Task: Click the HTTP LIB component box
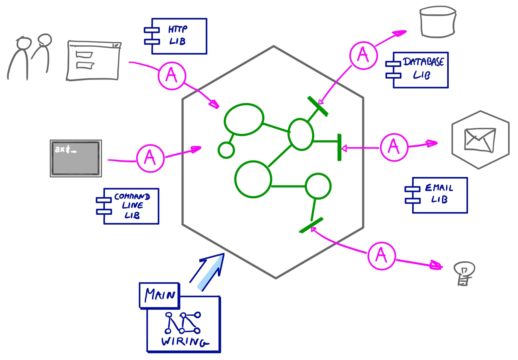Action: [179, 36]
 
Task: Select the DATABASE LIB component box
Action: [420, 70]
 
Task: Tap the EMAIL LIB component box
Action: [439, 195]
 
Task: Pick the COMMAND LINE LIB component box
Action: [131, 206]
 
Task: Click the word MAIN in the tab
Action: [160, 295]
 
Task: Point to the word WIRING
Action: [184, 341]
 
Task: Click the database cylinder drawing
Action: [438, 22]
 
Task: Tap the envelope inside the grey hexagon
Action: [479, 140]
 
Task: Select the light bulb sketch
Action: [464, 273]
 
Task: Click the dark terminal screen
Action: [76, 158]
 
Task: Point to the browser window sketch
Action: [94, 61]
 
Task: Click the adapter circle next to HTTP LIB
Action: [172, 76]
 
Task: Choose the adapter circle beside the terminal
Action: [150, 158]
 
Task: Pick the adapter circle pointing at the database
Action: [363, 55]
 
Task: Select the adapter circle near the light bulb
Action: [382, 256]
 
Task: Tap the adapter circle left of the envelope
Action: [394, 147]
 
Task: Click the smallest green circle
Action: [226, 150]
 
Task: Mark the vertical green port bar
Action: [339, 147]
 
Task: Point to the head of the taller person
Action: [24, 43]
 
